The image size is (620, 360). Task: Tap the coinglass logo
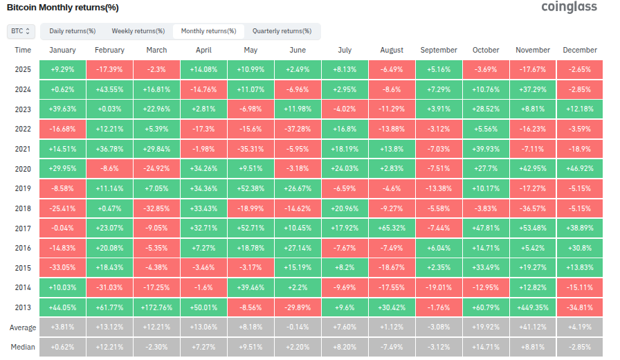point(571,8)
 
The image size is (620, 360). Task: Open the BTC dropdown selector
point(21,31)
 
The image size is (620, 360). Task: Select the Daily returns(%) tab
point(71,31)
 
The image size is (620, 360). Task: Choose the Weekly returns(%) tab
point(138,31)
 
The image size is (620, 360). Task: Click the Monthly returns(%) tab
point(208,31)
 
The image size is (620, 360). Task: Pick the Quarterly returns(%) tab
point(282,31)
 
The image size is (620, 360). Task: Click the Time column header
point(23,50)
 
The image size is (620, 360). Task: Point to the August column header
point(392,50)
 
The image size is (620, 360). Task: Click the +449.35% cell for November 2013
point(533,305)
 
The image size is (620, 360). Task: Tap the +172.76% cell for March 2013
point(156,305)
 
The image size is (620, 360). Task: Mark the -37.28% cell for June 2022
point(298,128)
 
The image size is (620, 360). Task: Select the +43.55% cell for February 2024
point(109,89)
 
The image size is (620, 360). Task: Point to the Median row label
point(23,347)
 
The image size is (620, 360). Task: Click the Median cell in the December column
point(580,347)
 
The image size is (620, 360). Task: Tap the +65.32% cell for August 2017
point(392,226)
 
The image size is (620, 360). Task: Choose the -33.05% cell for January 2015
point(62,266)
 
